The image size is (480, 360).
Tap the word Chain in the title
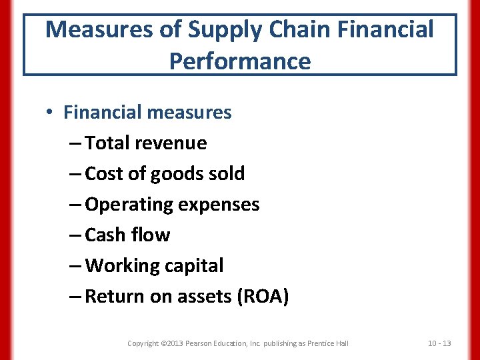click(x=291, y=29)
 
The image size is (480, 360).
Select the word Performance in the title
click(x=240, y=61)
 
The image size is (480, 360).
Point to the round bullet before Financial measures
click(x=51, y=113)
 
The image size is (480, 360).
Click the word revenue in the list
click(x=175, y=143)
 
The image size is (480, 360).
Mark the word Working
click(x=123, y=266)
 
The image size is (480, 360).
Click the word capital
click(x=193, y=266)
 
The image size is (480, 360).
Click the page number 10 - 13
click(x=439, y=343)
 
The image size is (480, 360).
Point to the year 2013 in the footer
click(x=176, y=343)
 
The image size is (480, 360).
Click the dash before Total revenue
click(x=75, y=143)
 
